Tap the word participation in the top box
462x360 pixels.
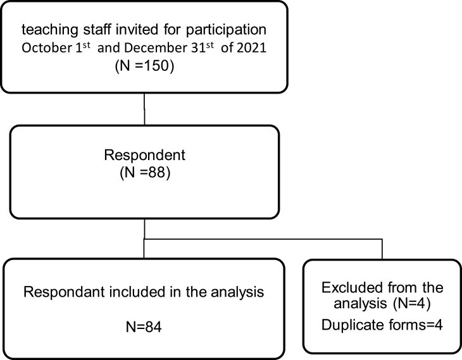(x=226, y=30)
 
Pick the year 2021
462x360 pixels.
(x=252, y=47)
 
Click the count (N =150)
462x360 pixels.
(x=144, y=65)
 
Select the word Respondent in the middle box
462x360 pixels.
(x=145, y=155)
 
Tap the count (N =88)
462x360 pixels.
(x=145, y=173)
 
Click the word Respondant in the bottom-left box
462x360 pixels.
(x=64, y=292)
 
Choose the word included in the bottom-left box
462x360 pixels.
(x=137, y=292)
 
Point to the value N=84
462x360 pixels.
(x=144, y=327)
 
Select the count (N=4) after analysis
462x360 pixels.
(x=412, y=304)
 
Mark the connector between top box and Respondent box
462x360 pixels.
(x=144, y=109)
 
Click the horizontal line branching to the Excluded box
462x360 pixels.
(x=263, y=239)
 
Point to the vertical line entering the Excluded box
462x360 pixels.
(x=382, y=249)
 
